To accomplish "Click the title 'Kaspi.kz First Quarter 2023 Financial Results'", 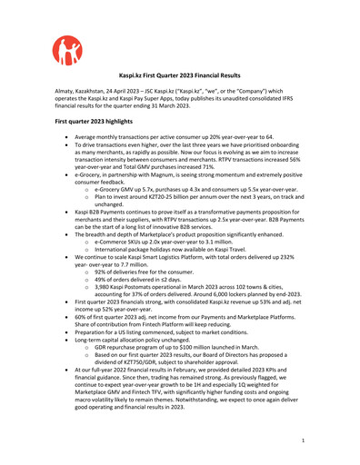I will (179, 79).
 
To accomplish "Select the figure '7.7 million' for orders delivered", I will (125, 259).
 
